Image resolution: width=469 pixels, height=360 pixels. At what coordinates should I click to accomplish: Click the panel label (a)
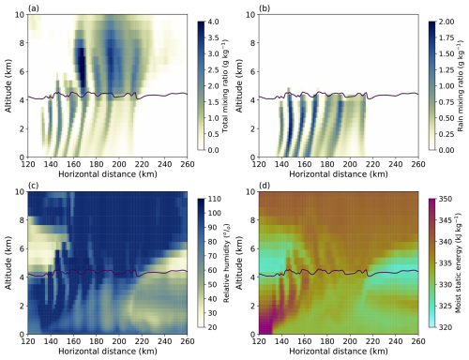[x=34, y=8]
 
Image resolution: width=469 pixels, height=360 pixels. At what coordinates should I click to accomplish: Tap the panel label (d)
[x=265, y=186]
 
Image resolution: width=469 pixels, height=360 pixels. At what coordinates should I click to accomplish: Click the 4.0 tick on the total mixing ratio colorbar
[x=214, y=22]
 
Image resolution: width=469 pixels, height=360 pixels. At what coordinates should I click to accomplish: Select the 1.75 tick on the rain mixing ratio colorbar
[x=446, y=37]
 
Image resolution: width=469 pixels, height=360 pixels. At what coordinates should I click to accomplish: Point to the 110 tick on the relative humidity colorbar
[x=215, y=199]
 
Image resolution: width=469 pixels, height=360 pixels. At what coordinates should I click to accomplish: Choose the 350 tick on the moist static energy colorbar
[x=446, y=199]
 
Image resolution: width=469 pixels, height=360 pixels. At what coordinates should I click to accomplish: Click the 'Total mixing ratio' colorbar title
[x=225, y=85]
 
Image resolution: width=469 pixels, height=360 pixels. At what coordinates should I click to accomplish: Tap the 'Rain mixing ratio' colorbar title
[x=461, y=85]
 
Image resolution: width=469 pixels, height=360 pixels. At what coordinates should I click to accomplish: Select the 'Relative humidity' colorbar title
[x=226, y=262]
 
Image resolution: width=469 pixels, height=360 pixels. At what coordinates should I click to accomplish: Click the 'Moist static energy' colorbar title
[x=458, y=262]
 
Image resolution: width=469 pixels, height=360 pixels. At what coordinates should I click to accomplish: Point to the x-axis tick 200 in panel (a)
[x=119, y=164]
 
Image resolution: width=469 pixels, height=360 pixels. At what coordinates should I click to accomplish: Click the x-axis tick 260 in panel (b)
[x=418, y=164]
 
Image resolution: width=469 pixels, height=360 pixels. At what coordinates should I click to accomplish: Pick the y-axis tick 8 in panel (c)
[x=22, y=220]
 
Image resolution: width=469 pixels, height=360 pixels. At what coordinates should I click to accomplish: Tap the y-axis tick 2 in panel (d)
[x=252, y=306]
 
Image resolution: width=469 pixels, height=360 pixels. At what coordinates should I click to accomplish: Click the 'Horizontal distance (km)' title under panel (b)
[x=339, y=174]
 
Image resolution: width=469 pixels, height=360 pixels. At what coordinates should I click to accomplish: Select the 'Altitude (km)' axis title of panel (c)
[x=8, y=262]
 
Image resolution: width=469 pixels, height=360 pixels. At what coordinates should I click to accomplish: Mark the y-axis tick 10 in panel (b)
[x=250, y=14]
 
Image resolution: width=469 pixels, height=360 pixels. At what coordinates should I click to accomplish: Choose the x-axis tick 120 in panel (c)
[x=28, y=341]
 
